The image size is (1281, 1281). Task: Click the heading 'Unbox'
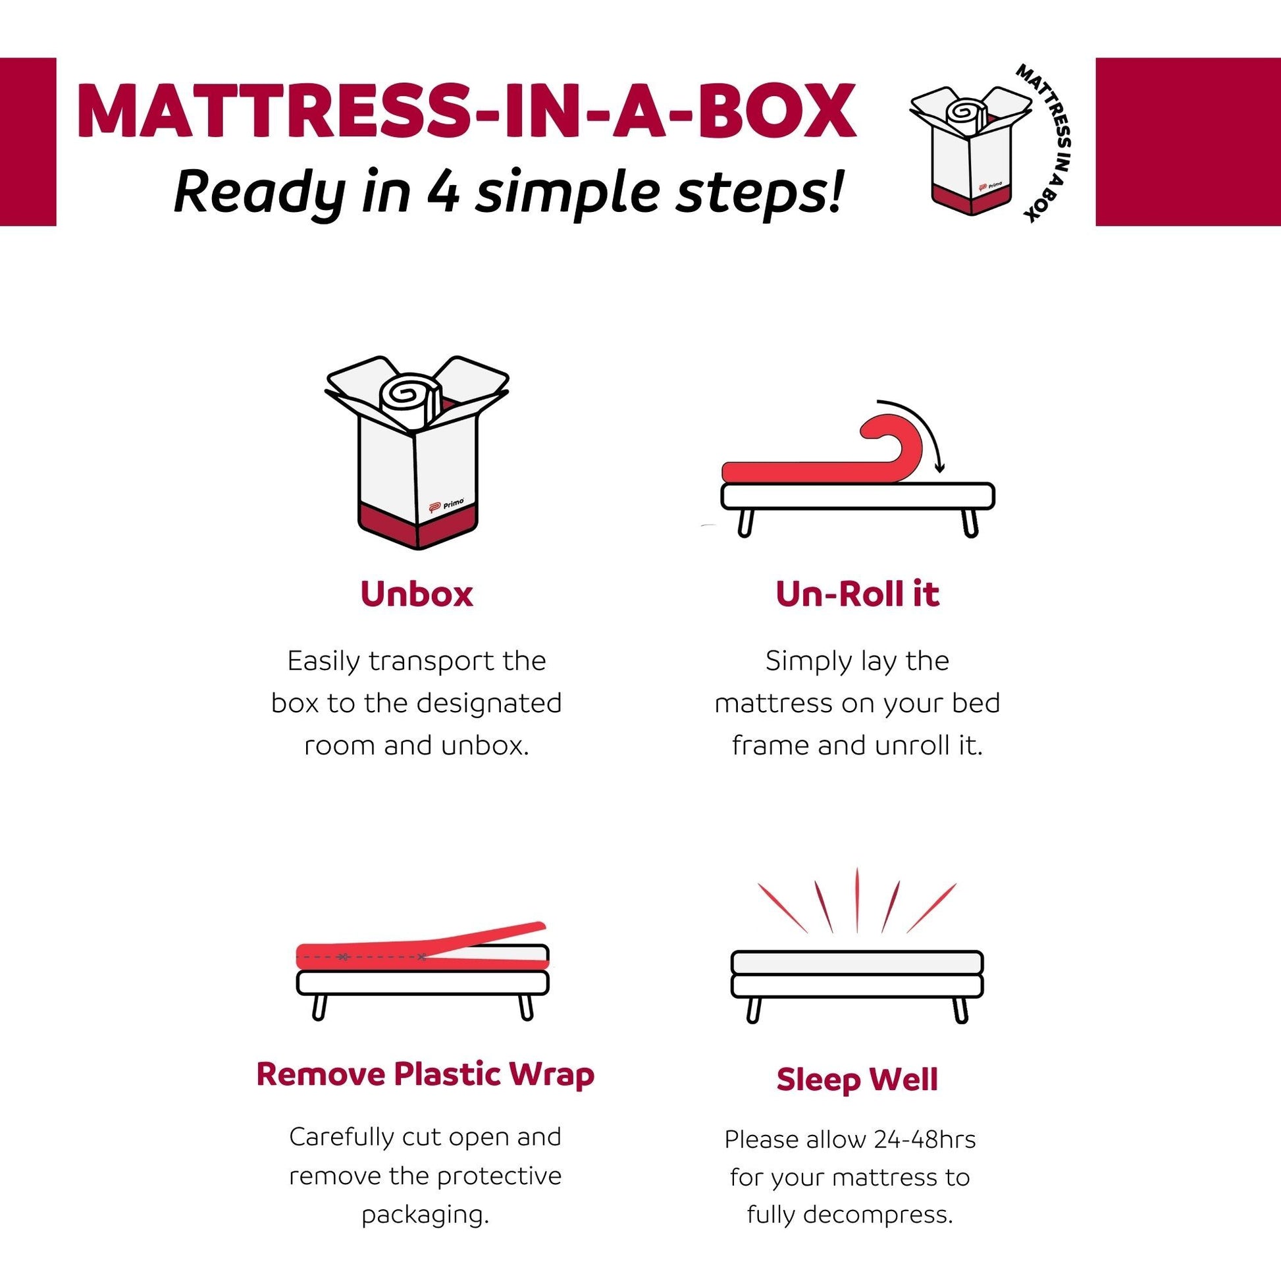[417, 594]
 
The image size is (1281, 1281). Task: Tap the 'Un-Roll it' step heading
[857, 594]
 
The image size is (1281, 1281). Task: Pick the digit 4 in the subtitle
[443, 192]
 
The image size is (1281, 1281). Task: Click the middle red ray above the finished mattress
[856, 901]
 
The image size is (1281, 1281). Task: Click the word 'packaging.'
[425, 1214]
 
